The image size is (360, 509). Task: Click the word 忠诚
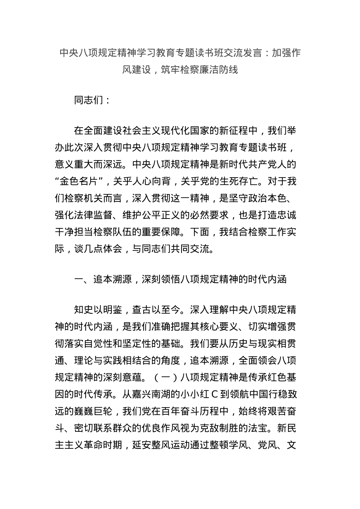(287, 215)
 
